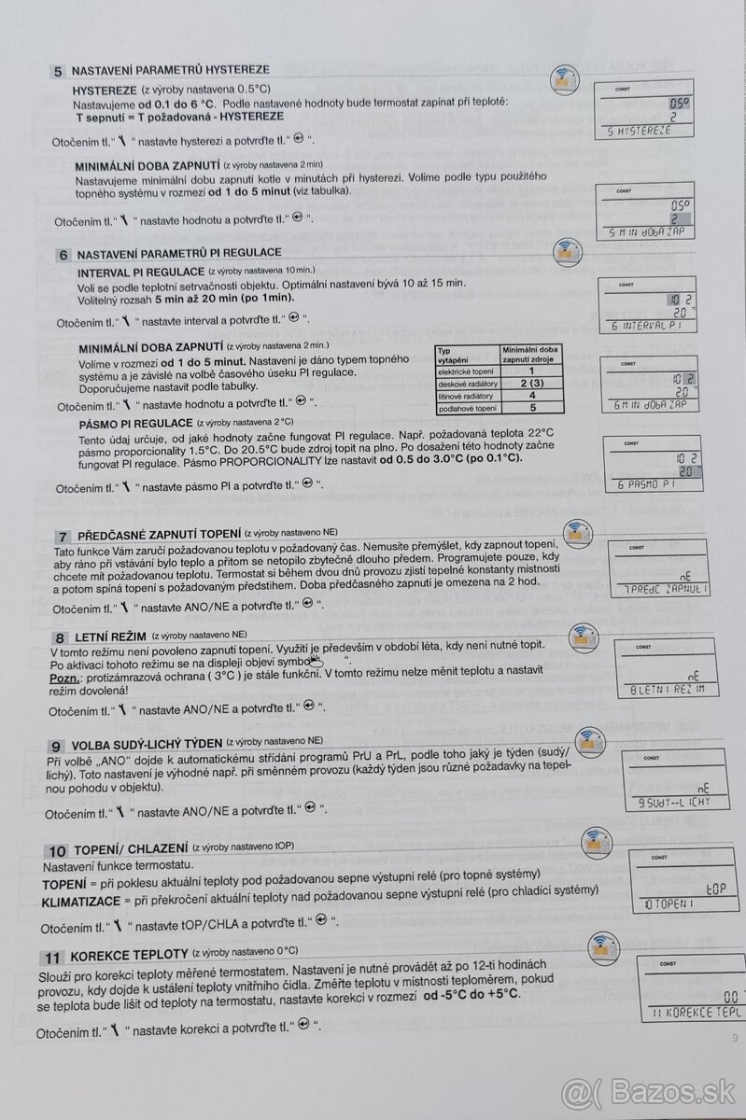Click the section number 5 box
(x=58, y=71)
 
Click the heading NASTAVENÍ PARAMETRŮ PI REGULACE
(x=178, y=253)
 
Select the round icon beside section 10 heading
(x=595, y=844)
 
